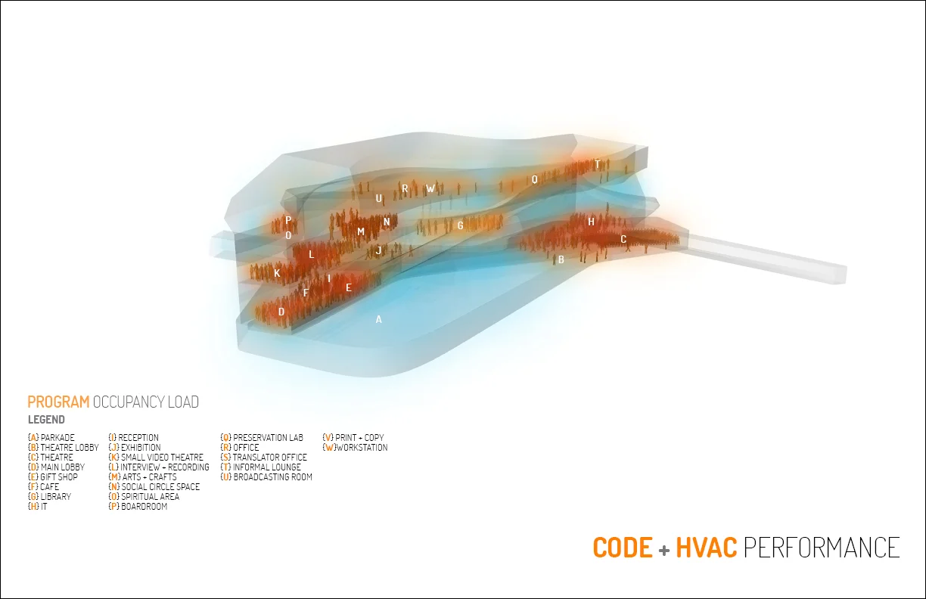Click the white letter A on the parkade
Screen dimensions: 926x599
[x=378, y=319]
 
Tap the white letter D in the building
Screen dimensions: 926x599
[x=281, y=312]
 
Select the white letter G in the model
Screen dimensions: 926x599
[x=460, y=225]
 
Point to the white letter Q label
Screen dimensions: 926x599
[x=534, y=179]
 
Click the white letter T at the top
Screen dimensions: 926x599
[x=597, y=164]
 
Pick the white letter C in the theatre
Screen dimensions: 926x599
[x=623, y=239]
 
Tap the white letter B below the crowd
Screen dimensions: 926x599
[x=561, y=259]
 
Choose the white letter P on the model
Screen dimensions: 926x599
[x=288, y=220]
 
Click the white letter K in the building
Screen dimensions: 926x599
[x=277, y=273]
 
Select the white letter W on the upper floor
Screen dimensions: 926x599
[x=430, y=188]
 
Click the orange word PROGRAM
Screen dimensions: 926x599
[x=58, y=402]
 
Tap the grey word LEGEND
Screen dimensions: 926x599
[x=46, y=420]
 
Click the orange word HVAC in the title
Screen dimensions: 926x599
[x=707, y=548]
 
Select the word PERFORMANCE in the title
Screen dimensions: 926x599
[x=822, y=548]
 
